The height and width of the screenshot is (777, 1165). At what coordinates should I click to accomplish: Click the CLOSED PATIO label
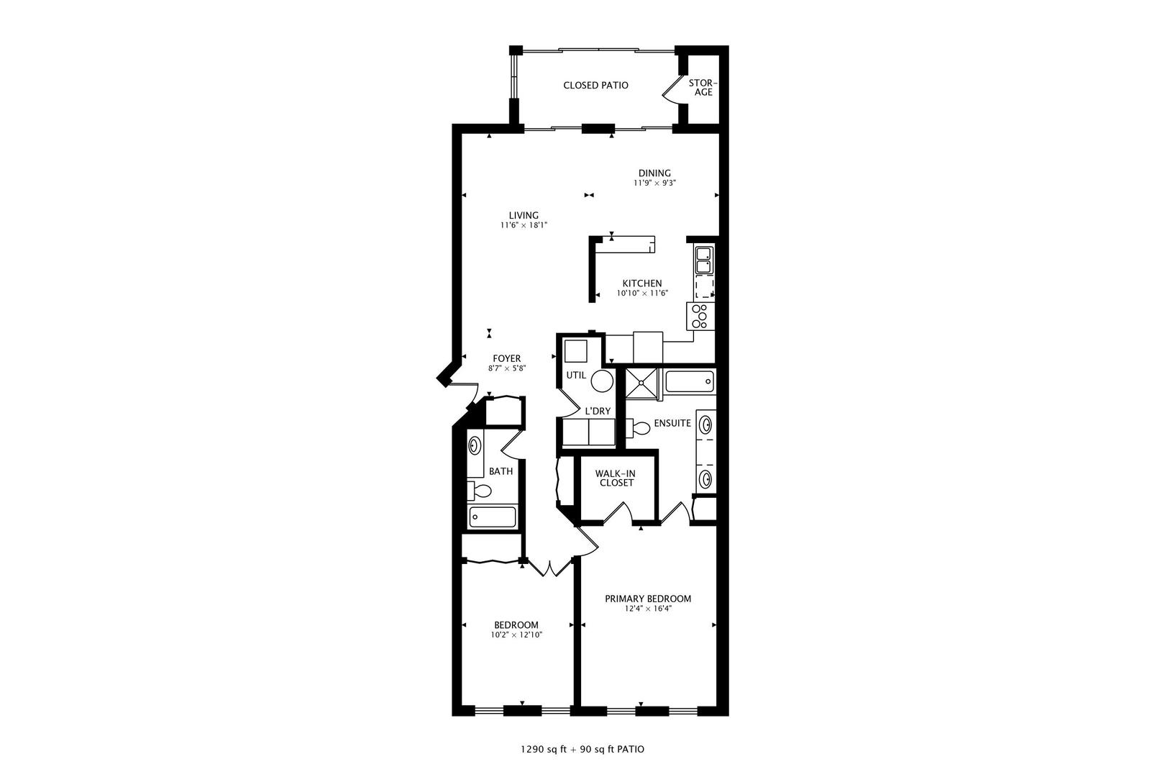[x=595, y=85]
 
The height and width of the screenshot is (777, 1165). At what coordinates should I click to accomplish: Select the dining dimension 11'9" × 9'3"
[x=654, y=183]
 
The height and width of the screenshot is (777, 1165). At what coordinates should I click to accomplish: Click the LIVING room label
[x=524, y=215]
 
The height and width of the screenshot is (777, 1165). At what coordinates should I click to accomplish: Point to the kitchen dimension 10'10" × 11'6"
[x=642, y=293]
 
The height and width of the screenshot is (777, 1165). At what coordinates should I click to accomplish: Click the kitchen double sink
[x=703, y=260]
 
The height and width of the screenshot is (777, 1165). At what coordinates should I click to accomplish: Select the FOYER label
[x=506, y=358]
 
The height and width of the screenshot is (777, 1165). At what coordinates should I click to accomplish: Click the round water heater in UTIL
[x=602, y=381]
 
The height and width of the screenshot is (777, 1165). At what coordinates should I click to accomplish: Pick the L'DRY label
[x=598, y=411]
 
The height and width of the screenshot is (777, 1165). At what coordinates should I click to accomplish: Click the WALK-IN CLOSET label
[x=615, y=478]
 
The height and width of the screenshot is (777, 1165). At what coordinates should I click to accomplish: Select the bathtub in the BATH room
[x=492, y=517]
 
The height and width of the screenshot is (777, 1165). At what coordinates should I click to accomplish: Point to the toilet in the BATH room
[x=480, y=491]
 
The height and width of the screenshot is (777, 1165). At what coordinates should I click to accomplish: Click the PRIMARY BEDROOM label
[x=647, y=599]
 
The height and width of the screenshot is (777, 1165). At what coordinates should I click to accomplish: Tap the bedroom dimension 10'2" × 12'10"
[x=516, y=635]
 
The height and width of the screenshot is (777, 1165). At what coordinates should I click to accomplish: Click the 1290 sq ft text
[x=544, y=749]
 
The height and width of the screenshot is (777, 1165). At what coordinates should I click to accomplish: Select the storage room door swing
[x=670, y=90]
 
